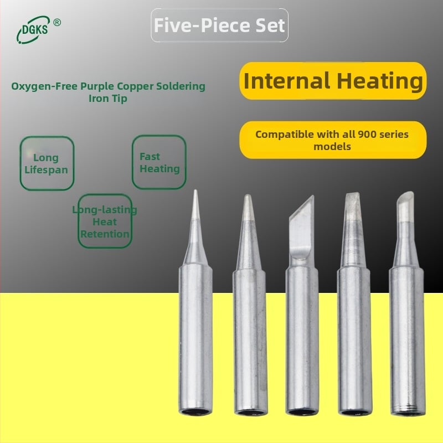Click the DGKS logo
pyautogui.click(x=33, y=30)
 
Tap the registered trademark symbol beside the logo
pyautogui.click(x=57, y=22)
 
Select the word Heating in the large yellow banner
pyautogui.click(x=380, y=81)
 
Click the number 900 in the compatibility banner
pyautogui.click(x=366, y=134)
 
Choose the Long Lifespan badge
pyautogui.click(x=47, y=163)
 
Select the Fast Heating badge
pyautogui.click(x=159, y=162)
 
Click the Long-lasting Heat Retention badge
pyautogui.click(x=105, y=221)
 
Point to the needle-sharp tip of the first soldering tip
pyautogui.click(x=195, y=190)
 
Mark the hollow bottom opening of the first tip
pyautogui.click(x=195, y=411)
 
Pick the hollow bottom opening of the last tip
pyautogui.click(x=408, y=413)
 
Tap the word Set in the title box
pyautogui.click(x=271, y=25)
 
